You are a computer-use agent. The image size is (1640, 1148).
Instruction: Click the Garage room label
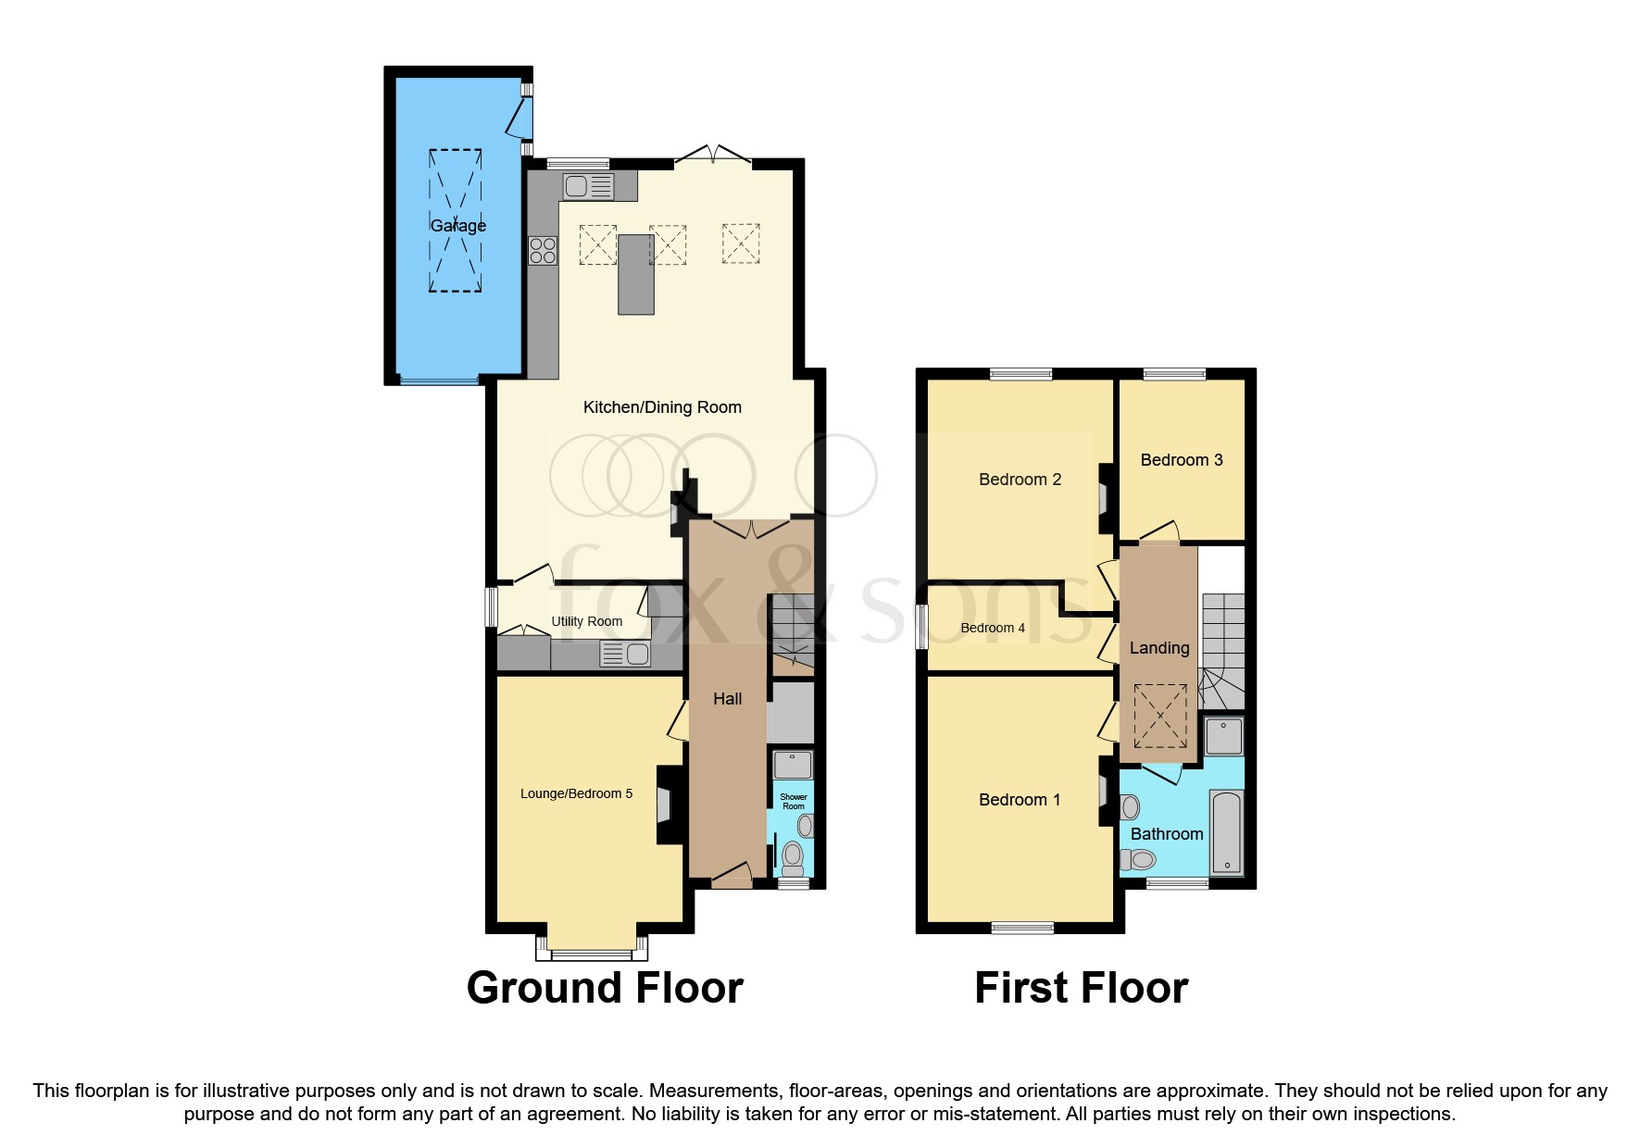(457, 226)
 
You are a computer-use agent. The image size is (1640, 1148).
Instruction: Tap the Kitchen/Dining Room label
(661, 407)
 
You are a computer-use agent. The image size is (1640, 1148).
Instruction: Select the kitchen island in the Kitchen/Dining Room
(636, 274)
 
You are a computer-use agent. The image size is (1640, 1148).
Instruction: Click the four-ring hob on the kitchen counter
(543, 251)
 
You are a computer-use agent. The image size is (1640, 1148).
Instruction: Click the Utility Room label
(586, 621)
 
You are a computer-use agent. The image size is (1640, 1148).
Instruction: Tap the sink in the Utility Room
(626, 655)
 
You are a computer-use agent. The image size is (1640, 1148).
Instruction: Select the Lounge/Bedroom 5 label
(576, 793)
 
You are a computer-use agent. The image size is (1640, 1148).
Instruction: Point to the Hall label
(727, 699)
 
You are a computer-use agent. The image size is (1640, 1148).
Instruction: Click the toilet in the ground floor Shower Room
(793, 857)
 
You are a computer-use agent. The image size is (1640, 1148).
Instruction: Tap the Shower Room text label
(794, 802)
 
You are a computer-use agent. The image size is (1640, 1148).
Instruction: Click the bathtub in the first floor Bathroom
(1226, 831)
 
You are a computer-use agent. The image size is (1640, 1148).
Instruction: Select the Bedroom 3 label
(1181, 460)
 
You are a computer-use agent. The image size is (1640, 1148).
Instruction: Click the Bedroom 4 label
(992, 628)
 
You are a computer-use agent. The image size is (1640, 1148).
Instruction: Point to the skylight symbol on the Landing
(1160, 716)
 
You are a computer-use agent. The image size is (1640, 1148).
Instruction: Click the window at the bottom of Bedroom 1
(1022, 928)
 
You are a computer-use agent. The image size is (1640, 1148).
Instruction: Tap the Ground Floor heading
(605, 988)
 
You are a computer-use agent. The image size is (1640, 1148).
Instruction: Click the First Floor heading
(1081, 988)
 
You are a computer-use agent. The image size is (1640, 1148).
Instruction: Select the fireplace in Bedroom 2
(1105, 499)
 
